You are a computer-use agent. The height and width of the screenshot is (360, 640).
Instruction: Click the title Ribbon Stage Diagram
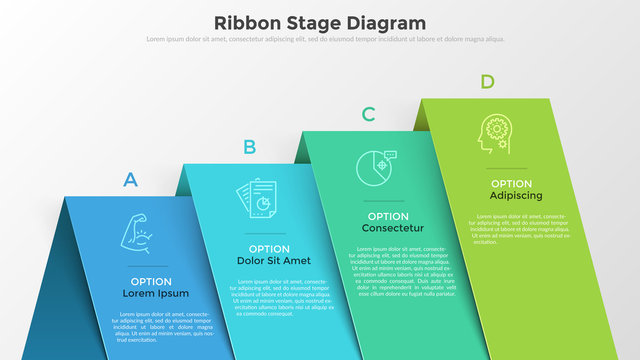pos(320,22)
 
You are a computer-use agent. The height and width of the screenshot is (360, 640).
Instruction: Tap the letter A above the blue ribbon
pos(130,181)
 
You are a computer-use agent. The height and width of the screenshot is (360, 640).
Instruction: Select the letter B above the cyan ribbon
pos(249,148)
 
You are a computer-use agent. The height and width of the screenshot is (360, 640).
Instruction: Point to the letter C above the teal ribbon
pos(368,114)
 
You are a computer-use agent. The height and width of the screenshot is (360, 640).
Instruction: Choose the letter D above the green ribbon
pos(487,81)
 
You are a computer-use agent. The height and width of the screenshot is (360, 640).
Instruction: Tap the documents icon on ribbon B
pos(256,197)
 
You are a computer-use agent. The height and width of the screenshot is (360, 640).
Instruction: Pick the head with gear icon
pos(494,134)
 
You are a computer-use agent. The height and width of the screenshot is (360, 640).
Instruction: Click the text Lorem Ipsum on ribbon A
pos(155,294)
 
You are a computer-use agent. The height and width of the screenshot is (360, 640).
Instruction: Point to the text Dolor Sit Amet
pos(274,261)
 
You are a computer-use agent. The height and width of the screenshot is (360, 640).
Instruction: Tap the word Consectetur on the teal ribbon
pos(393,228)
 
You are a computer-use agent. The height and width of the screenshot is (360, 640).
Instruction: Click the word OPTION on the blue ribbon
pos(150,282)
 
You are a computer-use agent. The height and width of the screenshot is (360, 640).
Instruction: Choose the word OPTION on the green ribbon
pos(511,184)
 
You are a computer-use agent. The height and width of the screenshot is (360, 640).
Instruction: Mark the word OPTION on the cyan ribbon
pos(269,249)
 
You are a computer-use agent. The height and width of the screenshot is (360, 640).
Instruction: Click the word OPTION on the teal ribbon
pos(388,216)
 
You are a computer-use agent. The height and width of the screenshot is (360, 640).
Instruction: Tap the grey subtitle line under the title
pos(320,40)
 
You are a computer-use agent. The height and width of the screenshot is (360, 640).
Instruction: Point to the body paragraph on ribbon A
pos(162,326)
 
